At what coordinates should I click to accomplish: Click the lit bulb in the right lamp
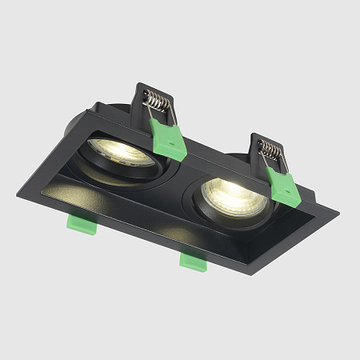click(x=227, y=193)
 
